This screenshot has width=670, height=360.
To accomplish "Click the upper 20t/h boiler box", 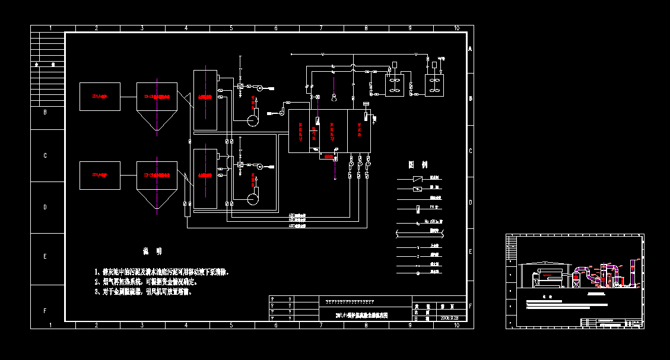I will click(99, 96).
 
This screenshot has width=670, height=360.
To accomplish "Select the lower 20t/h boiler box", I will click(99, 175).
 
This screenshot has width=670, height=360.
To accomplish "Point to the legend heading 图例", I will click(417, 164).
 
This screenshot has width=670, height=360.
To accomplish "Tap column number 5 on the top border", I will click(231, 28).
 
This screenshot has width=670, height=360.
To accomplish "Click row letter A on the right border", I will click(470, 49).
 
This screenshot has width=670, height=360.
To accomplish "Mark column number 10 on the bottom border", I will click(456, 325).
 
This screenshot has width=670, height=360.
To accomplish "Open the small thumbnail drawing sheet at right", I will click(574, 281).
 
